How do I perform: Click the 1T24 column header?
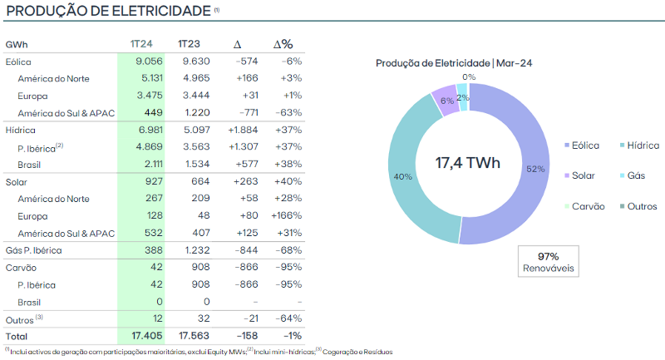coord(139,43)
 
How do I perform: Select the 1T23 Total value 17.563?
coord(193,337)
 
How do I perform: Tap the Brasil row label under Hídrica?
coord(31,165)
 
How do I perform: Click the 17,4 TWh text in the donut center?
coord(468,162)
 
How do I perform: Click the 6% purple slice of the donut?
coord(446,100)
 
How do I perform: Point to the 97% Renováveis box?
coord(548,263)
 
